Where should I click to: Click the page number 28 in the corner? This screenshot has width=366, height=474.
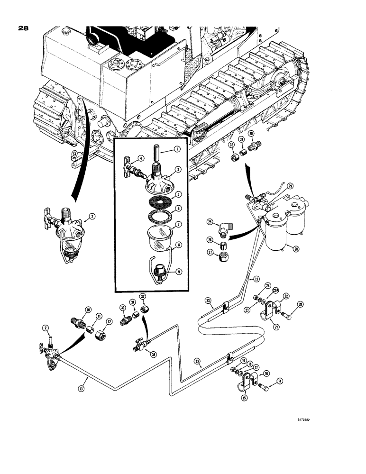[23, 28]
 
